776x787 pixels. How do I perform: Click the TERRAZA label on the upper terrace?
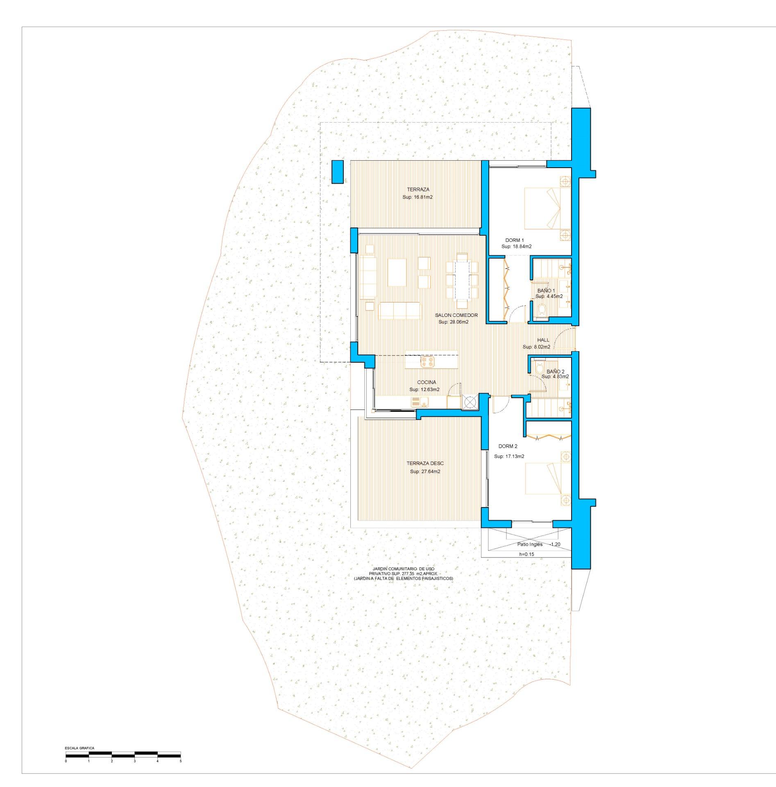(x=418, y=189)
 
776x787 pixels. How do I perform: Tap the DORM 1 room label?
(x=514, y=240)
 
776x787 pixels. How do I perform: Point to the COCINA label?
(x=427, y=382)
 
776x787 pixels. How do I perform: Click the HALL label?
(x=543, y=340)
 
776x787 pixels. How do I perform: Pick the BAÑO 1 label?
(x=546, y=290)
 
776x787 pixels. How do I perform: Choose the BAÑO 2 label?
(x=556, y=371)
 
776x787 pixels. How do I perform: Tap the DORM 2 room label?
(x=508, y=446)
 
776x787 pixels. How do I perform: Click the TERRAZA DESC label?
(x=425, y=464)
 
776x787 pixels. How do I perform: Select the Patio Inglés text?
(x=530, y=544)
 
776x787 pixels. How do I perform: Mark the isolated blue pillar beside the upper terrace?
(x=337, y=172)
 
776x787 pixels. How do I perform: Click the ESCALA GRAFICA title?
(x=79, y=748)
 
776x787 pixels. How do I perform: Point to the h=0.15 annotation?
(x=526, y=554)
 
